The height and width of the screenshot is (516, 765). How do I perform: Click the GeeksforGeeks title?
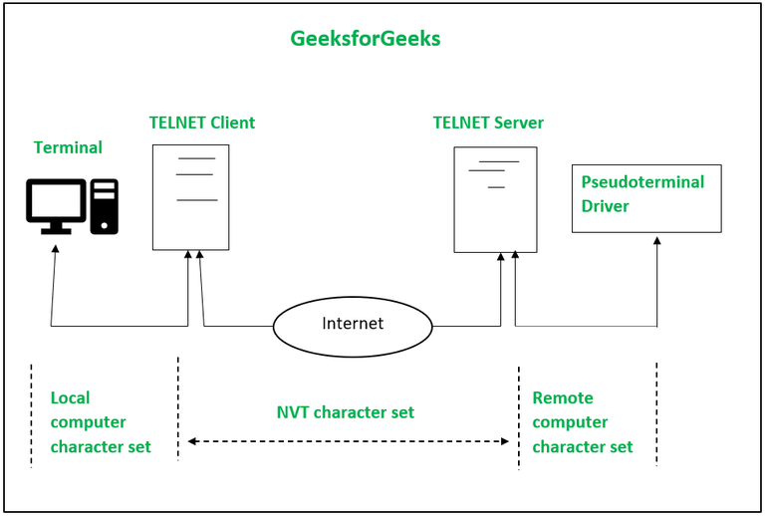(x=365, y=39)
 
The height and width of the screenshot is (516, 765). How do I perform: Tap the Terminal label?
(x=68, y=147)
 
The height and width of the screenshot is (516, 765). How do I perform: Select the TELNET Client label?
(x=201, y=123)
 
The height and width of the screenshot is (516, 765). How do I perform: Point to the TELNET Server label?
(x=488, y=123)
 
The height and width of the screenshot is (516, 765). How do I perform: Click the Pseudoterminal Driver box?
(x=645, y=198)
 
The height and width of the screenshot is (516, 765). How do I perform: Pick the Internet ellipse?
(x=353, y=325)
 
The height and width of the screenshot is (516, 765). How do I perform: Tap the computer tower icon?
(x=105, y=206)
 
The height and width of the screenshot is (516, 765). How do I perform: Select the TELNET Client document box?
(x=190, y=197)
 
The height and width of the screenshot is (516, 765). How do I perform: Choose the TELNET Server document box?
(x=495, y=199)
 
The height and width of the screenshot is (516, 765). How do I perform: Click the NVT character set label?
(x=345, y=412)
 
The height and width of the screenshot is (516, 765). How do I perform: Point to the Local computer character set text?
(x=101, y=422)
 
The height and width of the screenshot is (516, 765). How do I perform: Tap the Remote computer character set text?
(x=583, y=422)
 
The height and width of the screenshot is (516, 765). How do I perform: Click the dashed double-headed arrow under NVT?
(x=349, y=441)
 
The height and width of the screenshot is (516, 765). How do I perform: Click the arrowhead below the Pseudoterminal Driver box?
(x=656, y=240)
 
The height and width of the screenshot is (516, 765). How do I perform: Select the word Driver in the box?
(x=605, y=206)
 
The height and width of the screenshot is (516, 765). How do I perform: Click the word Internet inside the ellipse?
(x=353, y=324)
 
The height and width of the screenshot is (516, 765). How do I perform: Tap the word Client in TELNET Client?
(x=231, y=123)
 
